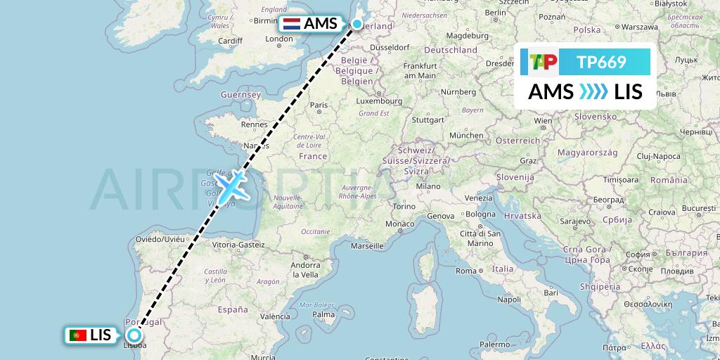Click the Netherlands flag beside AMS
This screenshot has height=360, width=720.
291,24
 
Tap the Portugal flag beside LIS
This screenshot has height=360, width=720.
77,335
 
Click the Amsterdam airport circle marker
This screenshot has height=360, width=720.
357,25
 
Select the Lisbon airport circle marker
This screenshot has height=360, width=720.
134,335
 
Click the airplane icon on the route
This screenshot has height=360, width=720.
231,186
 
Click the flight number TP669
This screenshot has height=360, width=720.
601,62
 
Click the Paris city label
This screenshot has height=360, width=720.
319,105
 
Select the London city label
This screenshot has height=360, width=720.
278,39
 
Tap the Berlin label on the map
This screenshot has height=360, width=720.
495,13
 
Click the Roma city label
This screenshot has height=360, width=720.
466,270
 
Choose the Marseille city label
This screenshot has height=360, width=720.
371,246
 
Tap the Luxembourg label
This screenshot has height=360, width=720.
379,101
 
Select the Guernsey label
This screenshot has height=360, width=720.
221,94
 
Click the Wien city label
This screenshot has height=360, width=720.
543,120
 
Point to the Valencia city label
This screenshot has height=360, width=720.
275,316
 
